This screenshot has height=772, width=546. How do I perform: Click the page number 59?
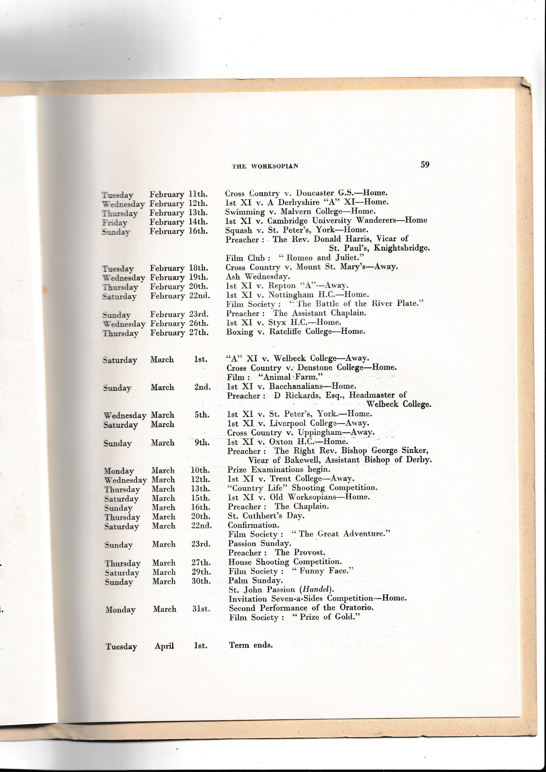point(425,164)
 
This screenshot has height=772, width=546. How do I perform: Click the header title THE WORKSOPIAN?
point(265,166)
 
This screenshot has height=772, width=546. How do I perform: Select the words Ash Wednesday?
point(258,276)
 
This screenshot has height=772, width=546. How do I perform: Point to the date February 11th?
point(179,194)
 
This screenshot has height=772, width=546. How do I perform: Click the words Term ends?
point(251,645)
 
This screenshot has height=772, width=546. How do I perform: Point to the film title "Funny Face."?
point(322,571)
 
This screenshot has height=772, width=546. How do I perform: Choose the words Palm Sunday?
point(256,580)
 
